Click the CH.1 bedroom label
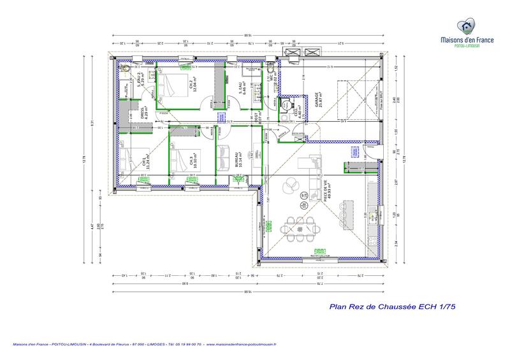[144, 161]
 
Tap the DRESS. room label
[144, 113]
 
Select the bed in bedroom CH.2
[170, 83]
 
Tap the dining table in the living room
[301, 226]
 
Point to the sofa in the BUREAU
[224, 159]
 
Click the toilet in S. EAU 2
[126, 68]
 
